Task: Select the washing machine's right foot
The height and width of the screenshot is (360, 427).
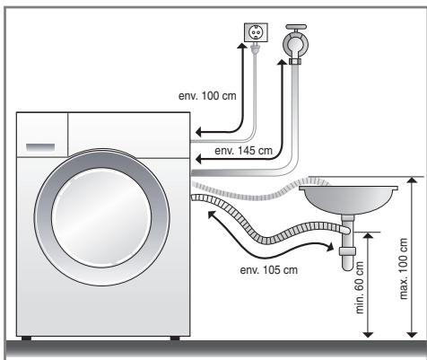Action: click(172, 338)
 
